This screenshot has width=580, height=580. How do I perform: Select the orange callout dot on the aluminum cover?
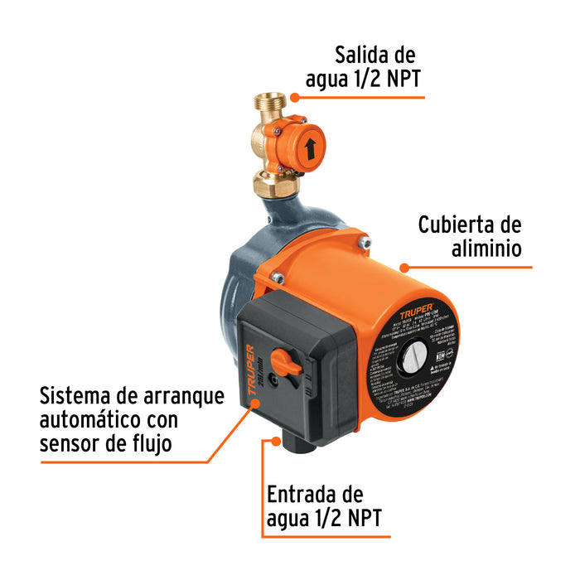pos(404,268)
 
